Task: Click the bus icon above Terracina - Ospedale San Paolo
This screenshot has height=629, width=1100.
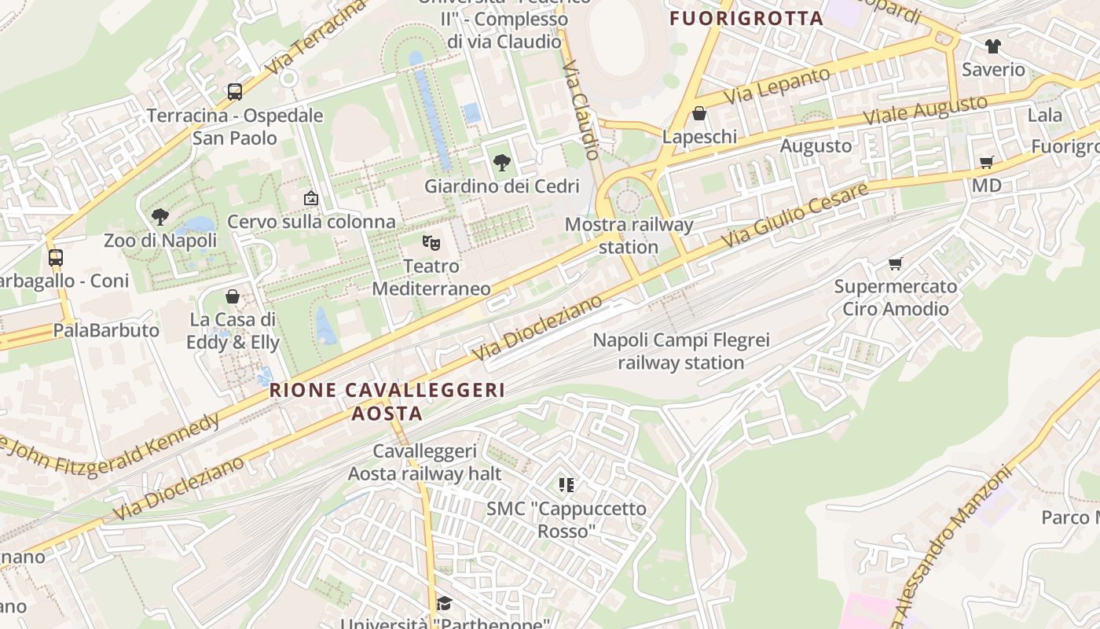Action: [x=235, y=92]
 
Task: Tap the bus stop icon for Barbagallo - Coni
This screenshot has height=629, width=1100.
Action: [x=56, y=257]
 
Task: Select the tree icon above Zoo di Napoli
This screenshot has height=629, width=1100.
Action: [x=160, y=216]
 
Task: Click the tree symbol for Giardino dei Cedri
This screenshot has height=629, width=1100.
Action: [x=501, y=163]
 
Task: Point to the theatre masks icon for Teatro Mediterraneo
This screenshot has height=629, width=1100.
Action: [x=431, y=242]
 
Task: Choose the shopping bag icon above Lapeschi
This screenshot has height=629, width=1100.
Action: [x=699, y=113]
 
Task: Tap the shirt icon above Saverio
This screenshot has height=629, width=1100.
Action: [x=993, y=46]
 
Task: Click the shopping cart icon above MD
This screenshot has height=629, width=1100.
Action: [x=987, y=162]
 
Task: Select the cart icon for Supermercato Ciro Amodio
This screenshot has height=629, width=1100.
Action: [x=896, y=263]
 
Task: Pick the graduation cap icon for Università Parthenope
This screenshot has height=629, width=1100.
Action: [x=445, y=603]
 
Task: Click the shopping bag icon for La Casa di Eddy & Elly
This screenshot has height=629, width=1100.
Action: [x=233, y=296]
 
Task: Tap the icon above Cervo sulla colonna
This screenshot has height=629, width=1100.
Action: [x=311, y=198]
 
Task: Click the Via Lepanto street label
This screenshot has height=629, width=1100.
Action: [x=777, y=86]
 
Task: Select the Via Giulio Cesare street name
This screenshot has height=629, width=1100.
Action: [x=795, y=215]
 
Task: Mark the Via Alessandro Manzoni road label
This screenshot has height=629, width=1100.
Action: [x=952, y=546]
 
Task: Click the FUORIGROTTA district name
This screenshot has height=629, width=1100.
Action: [x=746, y=18]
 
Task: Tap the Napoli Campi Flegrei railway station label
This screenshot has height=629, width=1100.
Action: [x=681, y=351]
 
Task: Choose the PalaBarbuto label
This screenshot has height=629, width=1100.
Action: [x=106, y=330]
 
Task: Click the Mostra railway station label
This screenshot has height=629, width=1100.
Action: [x=629, y=236]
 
